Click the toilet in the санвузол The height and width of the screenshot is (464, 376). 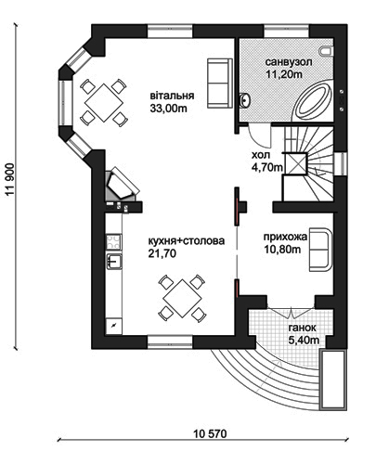326,52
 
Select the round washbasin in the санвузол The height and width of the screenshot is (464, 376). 244,100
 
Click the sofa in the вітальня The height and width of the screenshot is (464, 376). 220,83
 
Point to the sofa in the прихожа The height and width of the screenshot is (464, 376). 320,250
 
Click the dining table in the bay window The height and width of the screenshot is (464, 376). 103,103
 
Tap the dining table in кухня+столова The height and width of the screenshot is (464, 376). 182,298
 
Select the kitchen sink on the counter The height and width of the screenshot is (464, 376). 114,262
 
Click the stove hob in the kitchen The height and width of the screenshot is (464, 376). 114,241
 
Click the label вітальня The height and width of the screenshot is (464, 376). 172,96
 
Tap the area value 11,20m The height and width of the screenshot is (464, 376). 284,74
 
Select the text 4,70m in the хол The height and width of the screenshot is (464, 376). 266,167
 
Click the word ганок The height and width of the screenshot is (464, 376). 303,328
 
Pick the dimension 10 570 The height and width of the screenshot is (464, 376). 211,434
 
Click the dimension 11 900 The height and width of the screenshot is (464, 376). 10,180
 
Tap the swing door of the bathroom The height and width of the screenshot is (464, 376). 260,135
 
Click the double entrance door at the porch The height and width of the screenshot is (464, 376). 292,313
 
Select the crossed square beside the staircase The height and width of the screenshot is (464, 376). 296,164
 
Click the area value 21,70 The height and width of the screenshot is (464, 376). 162,253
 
